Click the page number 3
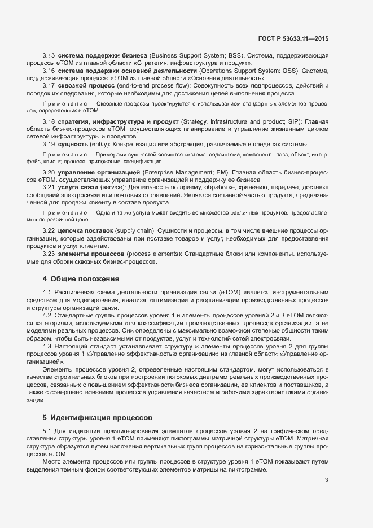tap(326, 480)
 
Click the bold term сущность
tap(73, 144)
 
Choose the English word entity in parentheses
tap(99, 144)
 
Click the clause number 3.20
tap(49, 172)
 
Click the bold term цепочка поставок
tap(86, 232)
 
